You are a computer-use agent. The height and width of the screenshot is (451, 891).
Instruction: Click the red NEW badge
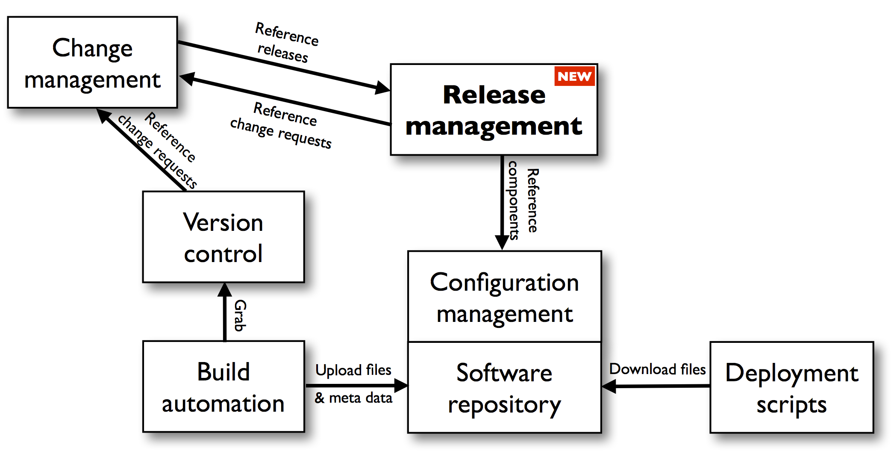point(574,76)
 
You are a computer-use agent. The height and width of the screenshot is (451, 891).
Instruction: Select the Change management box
point(92,62)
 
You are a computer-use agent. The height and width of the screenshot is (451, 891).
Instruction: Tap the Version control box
point(223,237)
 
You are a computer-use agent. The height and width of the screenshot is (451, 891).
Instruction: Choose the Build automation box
point(223,386)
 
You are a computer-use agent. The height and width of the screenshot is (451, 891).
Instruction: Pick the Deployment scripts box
point(791,387)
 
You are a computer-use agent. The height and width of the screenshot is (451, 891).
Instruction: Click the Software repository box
point(504,387)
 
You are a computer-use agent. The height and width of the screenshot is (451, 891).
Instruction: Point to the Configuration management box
point(504,297)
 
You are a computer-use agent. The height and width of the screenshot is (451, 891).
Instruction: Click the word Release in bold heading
point(494,94)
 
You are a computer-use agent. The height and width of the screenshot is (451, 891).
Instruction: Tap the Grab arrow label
point(240,315)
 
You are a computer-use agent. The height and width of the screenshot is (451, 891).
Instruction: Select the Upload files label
point(353,370)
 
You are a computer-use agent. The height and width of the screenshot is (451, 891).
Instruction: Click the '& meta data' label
point(353,398)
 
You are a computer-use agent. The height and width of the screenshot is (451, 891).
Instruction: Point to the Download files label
point(657,369)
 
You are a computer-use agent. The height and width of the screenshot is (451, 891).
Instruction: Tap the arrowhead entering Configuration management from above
point(502,242)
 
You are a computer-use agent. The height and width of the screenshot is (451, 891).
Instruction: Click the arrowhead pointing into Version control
point(225,290)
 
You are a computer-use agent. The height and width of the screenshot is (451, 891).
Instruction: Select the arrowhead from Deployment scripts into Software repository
point(609,386)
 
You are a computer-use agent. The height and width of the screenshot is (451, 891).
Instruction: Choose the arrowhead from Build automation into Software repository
point(401,386)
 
